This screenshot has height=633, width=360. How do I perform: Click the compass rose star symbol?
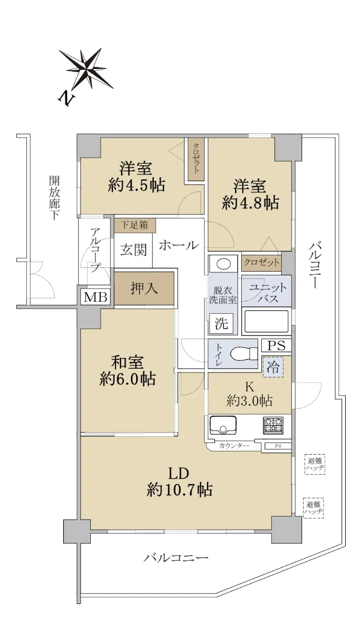tap(86, 69)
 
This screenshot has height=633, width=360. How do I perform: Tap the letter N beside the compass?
tap(67, 98)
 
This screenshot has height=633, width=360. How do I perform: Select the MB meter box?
tap(96, 298)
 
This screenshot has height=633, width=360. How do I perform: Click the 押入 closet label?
tap(144, 289)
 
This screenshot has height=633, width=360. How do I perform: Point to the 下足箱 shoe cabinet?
tap(135, 225)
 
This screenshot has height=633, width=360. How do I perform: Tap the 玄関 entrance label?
tap(134, 250)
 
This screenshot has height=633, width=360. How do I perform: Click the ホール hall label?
tap(179, 245)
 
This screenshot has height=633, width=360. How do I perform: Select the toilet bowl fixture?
tap(244, 353)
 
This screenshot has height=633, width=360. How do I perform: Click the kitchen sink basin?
tap(223, 426)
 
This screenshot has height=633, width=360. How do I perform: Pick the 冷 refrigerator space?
tap(273, 367)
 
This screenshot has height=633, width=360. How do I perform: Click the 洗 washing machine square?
tap(221, 323)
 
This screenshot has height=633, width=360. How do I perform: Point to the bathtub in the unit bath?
tap(267, 321)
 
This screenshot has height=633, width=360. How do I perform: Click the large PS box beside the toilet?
tap(276, 346)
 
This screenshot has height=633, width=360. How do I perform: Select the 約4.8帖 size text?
tap(251, 203)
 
